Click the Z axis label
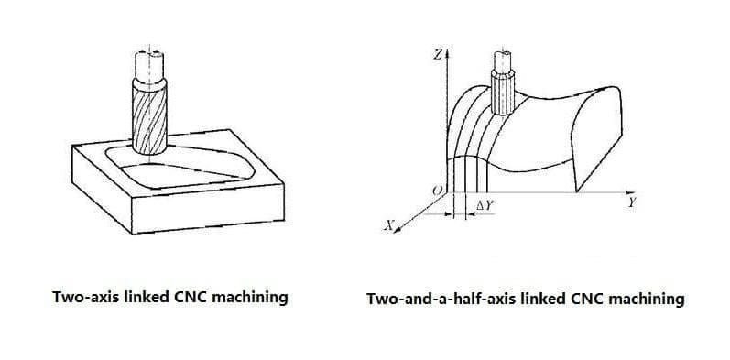438,55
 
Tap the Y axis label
632,203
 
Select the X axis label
388,225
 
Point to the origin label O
437,190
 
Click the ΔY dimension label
484,205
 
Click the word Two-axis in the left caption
85,297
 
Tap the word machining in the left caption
250,297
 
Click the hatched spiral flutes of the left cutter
149,120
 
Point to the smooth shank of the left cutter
149,65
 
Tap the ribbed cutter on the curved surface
503,95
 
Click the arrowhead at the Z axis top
446,54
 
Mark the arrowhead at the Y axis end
630,192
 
